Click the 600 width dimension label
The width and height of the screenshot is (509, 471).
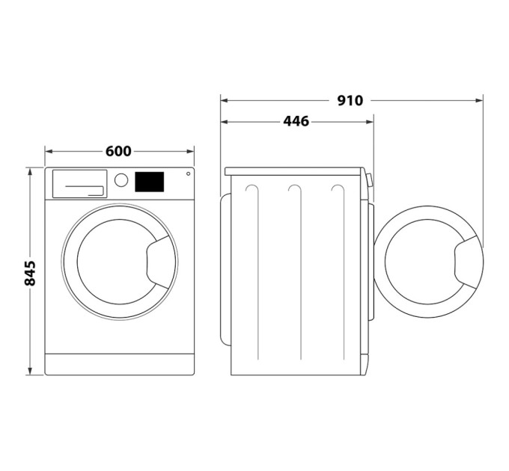(x=118, y=152)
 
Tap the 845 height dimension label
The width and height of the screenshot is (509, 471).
(x=30, y=274)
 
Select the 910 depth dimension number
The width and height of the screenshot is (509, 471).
(x=350, y=99)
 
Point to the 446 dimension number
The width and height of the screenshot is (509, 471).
(x=296, y=121)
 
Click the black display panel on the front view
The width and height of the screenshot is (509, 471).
(x=149, y=182)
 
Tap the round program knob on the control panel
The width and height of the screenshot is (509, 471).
(x=120, y=180)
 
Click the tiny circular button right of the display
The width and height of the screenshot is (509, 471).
(x=187, y=173)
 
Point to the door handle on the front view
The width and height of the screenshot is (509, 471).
(x=160, y=264)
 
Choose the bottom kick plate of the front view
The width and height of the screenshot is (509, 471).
(x=119, y=364)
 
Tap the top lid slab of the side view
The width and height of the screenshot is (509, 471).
(x=296, y=171)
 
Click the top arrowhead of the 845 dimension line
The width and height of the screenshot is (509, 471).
(x=30, y=171)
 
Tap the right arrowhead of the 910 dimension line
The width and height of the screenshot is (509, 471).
(x=481, y=99)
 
